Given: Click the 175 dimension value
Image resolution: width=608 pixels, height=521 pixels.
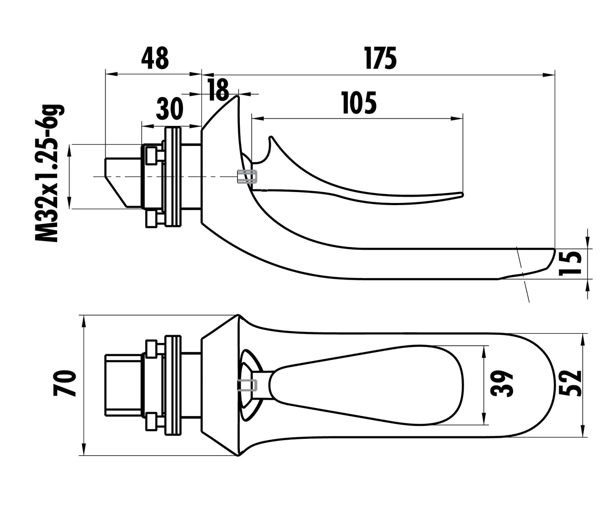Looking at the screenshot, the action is [x=380, y=58].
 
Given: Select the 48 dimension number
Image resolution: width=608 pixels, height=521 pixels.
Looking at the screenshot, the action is [x=155, y=58].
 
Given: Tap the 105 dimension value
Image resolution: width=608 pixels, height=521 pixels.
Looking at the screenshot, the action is [x=359, y=103].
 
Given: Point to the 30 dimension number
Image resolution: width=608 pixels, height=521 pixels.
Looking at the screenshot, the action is [x=170, y=109].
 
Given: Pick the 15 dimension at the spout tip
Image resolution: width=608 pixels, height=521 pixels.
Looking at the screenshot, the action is [x=571, y=263].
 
